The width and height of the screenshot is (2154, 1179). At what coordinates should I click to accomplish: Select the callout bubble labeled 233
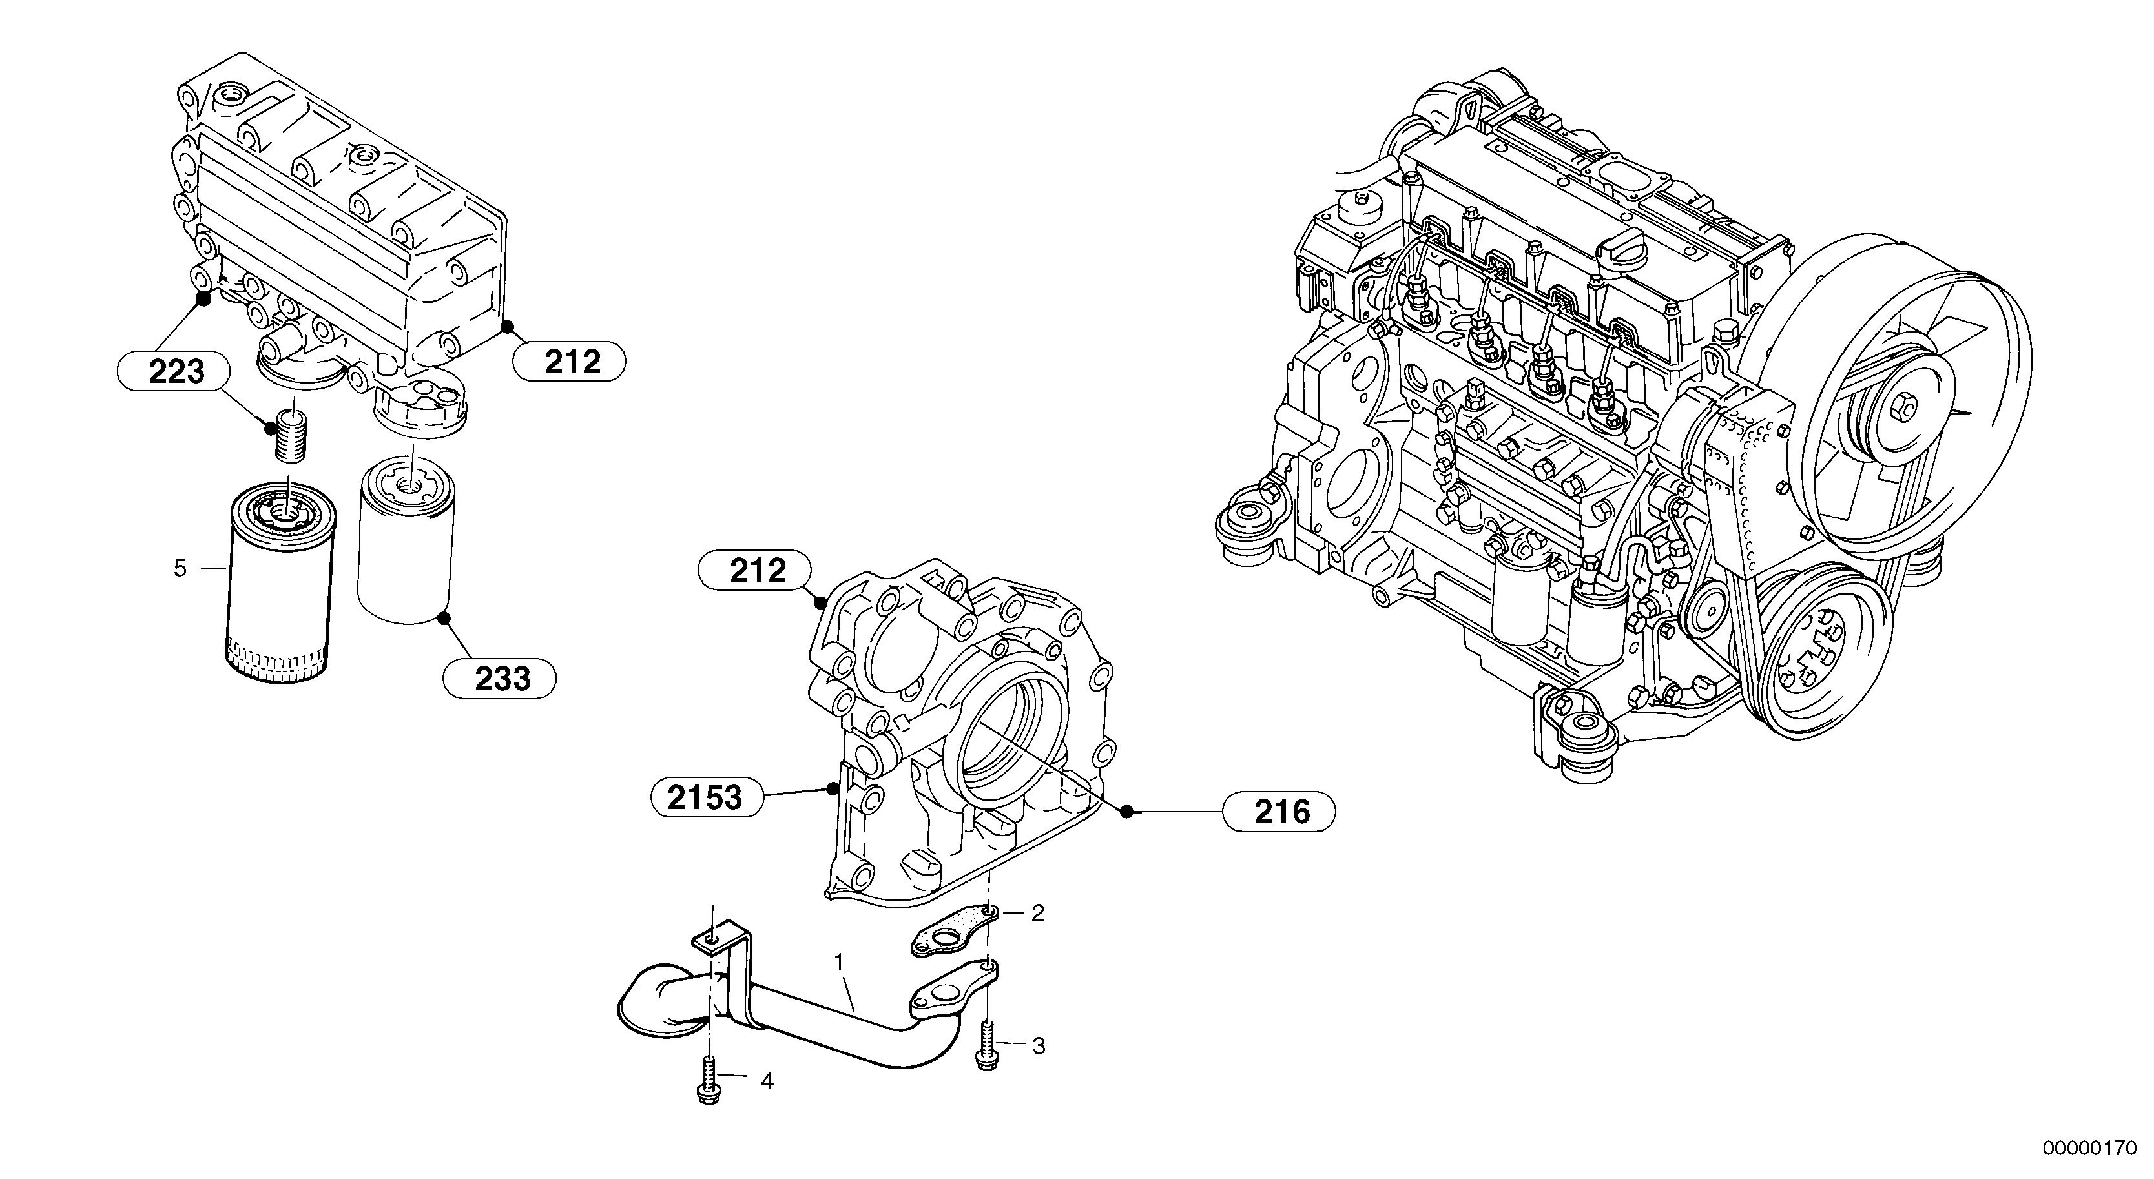pyautogui.click(x=499, y=679)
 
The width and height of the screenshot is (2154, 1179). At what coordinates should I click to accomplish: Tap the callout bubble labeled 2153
pyautogui.click(x=707, y=797)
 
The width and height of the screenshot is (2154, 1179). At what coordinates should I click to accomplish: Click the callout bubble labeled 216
pyautogui.click(x=1279, y=811)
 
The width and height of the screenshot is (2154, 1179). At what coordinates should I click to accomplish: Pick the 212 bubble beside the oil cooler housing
pyautogui.click(x=570, y=362)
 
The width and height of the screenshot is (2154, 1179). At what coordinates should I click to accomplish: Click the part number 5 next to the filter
pyautogui.click(x=180, y=569)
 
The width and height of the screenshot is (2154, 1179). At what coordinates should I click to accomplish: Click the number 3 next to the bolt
pyautogui.click(x=1038, y=1046)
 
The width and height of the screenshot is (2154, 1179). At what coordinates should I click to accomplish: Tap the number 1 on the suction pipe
pyautogui.click(x=839, y=963)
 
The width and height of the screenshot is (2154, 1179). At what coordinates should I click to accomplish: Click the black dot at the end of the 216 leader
pyautogui.click(x=1126, y=811)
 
